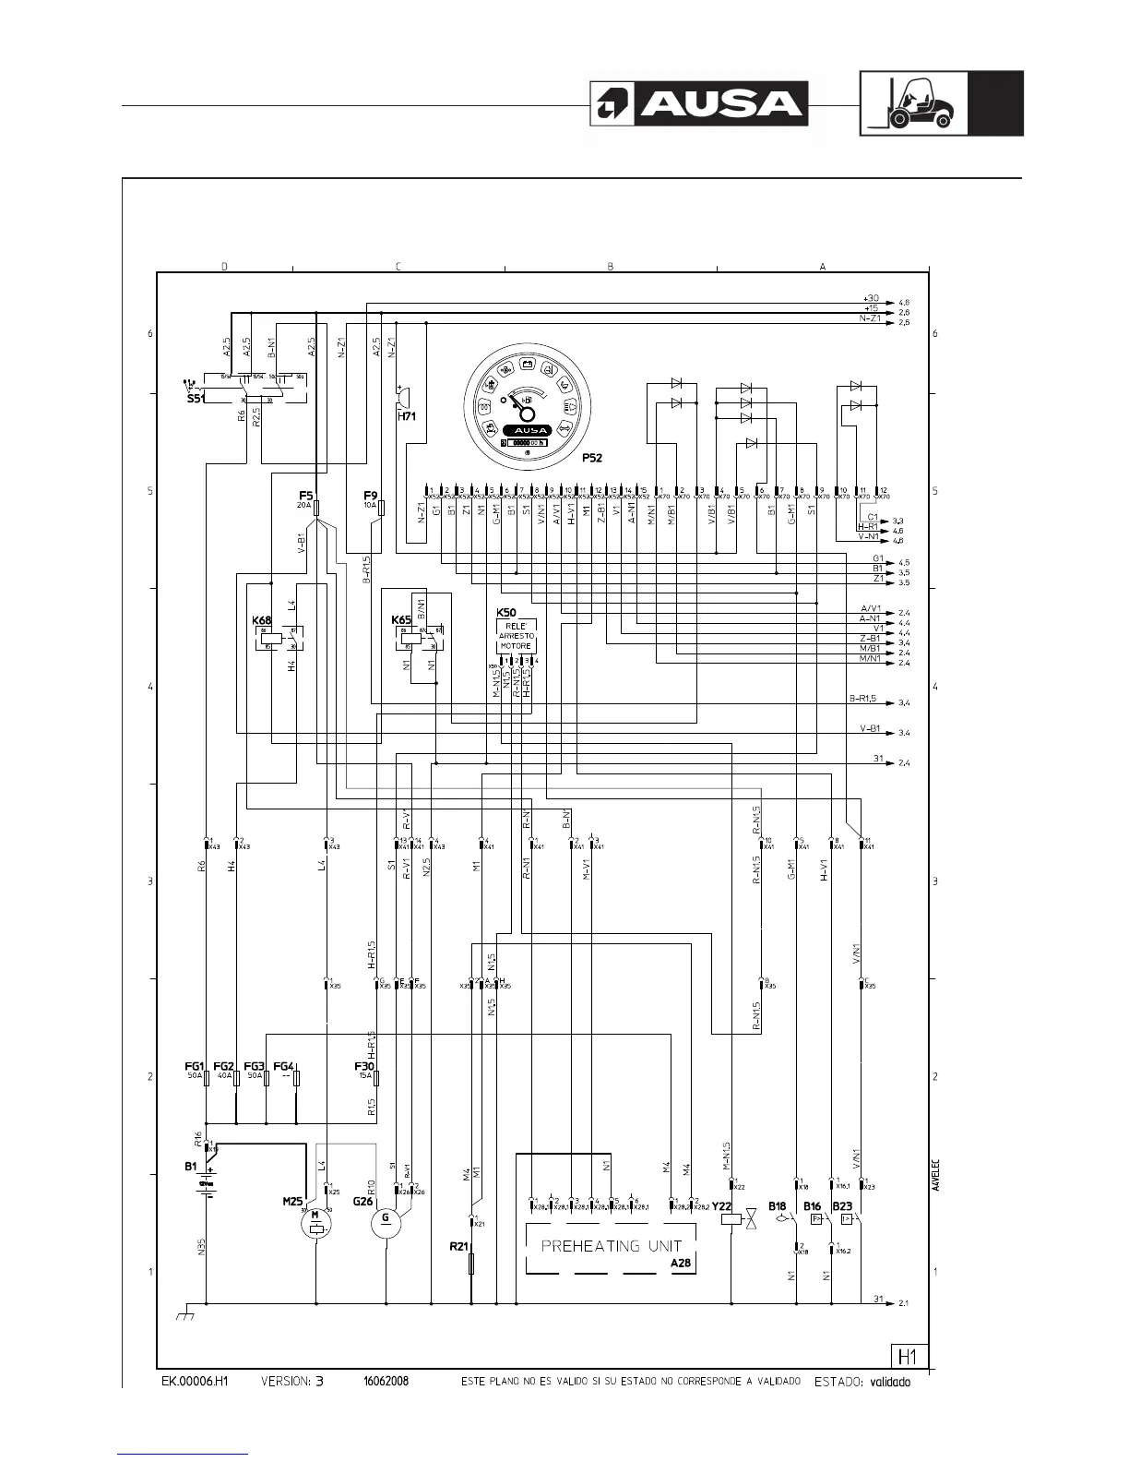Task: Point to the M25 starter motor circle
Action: coord(317,1224)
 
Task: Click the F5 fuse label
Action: coord(306,496)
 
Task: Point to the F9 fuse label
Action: coord(371,496)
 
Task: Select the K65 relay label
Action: coord(401,619)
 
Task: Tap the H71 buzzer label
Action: coord(407,417)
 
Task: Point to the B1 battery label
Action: coord(190,1166)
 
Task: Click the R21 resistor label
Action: coord(458,1246)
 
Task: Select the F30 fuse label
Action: coord(364,1065)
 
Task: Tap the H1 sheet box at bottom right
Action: coord(908,1355)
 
